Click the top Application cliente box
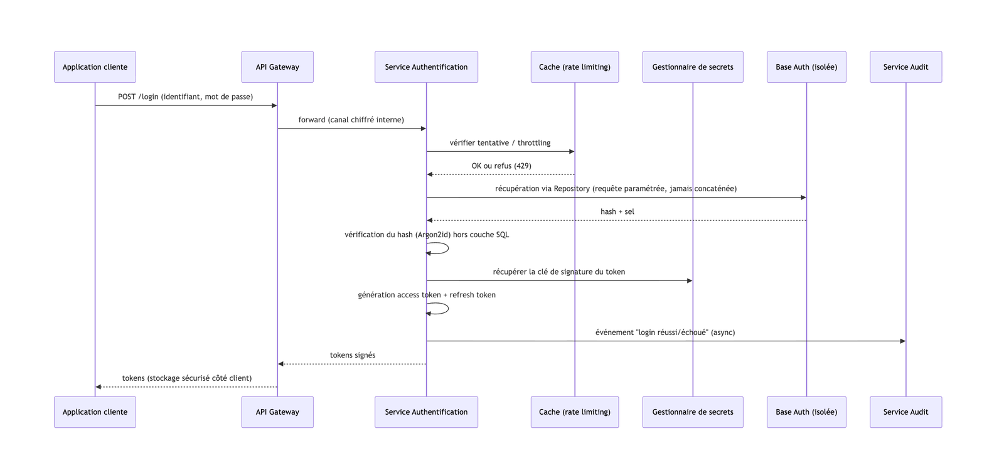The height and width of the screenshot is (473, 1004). pos(95,66)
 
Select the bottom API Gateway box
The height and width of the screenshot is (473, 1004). pos(277,412)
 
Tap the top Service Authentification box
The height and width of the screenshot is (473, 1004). pos(426,66)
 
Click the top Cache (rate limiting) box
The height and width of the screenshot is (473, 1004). pos(575,66)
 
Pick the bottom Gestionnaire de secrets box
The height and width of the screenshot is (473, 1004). pos(693,412)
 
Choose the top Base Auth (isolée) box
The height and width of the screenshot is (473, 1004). pos(807,66)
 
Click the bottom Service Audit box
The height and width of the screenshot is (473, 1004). pos(906,412)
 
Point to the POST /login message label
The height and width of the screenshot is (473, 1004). pos(186,97)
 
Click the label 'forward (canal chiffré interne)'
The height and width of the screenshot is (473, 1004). pos(351,120)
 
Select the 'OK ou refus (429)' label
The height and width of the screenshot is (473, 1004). pos(501,166)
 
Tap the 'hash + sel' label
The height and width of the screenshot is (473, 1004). pos(617,211)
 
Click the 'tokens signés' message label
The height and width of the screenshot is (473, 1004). pos(353,355)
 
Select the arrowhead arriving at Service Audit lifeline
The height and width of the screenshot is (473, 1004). pos(903,341)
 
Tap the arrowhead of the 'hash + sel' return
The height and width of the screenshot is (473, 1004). pos(430,220)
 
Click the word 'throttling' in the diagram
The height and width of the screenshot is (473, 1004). pos(534,143)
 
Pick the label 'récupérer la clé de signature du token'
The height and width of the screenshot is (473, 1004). pos(559,272)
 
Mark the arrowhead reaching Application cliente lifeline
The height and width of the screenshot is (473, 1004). pos(99,387)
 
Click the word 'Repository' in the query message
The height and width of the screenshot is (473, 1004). pos(572,189)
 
